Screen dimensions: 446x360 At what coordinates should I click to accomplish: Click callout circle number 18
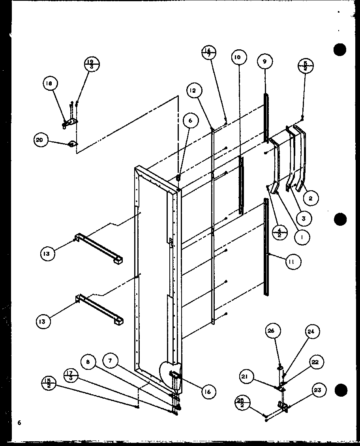(x=50, y=83)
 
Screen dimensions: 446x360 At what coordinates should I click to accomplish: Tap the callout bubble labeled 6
(x=190, y=121)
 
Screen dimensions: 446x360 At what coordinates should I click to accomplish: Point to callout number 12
(x=192, y=90)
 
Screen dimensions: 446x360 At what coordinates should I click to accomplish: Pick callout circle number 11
(x=293, y=261)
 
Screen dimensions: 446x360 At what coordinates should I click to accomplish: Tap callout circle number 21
(x=245, y=377)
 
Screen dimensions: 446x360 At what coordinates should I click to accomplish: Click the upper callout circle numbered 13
(x=47, y=254)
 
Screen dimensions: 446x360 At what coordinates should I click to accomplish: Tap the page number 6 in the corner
(x=19, y=423)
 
